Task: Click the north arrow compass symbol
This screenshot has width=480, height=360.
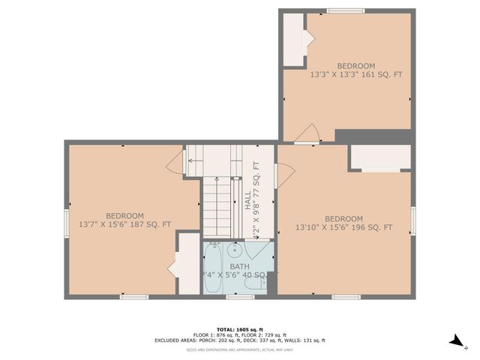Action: click(x=456, y=341)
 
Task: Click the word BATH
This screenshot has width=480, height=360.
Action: click(x=239, y=266)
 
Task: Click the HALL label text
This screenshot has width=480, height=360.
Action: click(x=247, y=200)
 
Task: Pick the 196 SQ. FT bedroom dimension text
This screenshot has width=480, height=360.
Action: click(x=343, y=227)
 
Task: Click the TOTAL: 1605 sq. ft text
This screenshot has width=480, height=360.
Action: click(x=239, y=329)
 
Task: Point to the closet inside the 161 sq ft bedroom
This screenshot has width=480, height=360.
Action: click(x=292, y=40)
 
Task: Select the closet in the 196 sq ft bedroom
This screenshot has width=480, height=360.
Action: click(x=380, y=157)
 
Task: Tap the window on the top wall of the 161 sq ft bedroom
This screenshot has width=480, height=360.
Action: click(x=346, y=11)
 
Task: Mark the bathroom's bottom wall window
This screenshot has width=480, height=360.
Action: click(x=240, y=297)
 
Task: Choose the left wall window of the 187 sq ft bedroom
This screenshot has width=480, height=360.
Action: click(x=67, y=222)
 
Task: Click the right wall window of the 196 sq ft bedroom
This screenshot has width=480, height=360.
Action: click(x=413, y=221)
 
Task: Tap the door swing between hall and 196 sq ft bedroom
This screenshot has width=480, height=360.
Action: click(x=285, y=175)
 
